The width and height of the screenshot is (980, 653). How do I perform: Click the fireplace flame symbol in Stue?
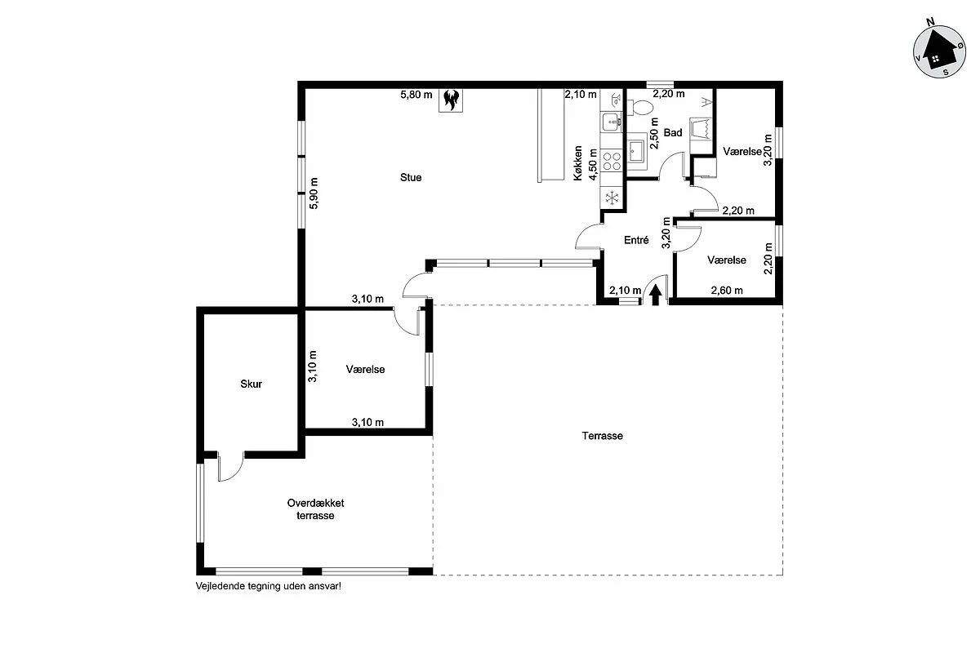pyautogui.click(x=451, y=100)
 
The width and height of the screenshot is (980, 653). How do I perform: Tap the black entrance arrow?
pyautogui.click(x=655, y=295)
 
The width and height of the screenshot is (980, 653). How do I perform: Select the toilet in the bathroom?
pyautogui.click(x=640, y=107)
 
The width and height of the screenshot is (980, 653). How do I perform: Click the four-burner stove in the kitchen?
pyautogui.click(x=612, y=161)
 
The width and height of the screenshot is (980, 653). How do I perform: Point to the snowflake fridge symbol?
pyautogui.click(x=612, y=198)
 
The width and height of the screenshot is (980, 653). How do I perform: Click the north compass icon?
pyautogui.click(x=939, y=51)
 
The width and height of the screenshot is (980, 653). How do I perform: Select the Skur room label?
pyautogui.click(x=252, y=384)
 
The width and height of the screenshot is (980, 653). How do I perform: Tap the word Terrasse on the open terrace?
pyautogui.click(x=602, y=436)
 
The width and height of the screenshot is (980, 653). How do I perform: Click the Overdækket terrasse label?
pyautogui.click(x=315, y=509)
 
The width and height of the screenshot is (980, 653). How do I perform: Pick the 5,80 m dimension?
pyautogui.click(x=416, y=95)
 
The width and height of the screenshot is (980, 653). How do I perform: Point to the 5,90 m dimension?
pyautogui.click(x=314, y=193)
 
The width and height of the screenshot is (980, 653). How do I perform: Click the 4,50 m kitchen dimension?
pyautogui.click(x=593, y=164)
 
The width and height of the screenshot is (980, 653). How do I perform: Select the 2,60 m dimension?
pyautogui.click(x=727, y=291)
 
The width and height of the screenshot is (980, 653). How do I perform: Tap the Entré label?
pyautogui.click(x=636, y=240)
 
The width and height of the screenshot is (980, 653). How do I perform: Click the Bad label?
pyautogui.click(x=673, y=132)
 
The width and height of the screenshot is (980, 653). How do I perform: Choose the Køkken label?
pyautogui.click(x=578, y=163)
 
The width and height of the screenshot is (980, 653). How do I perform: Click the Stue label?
pyautogui.click(x=411, y=178)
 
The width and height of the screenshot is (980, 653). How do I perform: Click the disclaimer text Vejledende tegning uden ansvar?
pyautogui.click(x=268, y=586)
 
